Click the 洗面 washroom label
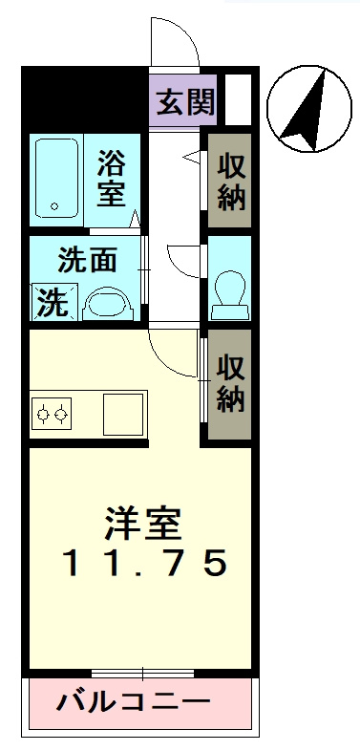(x=87, y=260)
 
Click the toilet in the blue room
(x=228, y=290)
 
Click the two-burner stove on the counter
(x=53, y=413)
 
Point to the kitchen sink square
(x=123, y=413)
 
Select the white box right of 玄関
(x=238, y=98)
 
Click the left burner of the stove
(x=43, y=414)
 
